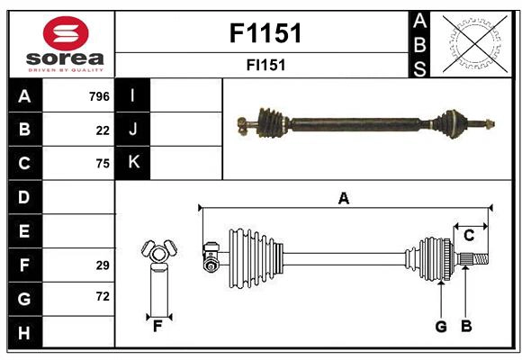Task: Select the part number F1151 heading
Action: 265,34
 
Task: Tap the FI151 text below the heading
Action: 265,66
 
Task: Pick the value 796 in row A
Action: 99,96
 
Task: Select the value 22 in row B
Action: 103,130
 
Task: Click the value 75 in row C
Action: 103,163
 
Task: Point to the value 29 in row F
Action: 103,265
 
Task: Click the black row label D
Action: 24,197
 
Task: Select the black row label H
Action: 24,332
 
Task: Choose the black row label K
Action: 133,163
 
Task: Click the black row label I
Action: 133,95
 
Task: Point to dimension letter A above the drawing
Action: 343,199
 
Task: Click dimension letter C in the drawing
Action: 469,236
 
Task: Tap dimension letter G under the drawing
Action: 441,327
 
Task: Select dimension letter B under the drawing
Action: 465,327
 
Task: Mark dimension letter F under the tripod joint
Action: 157,327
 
